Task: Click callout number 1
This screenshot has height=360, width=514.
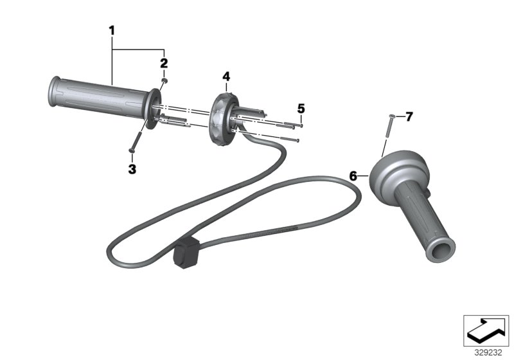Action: (112, 30)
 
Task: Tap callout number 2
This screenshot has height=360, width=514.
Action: (164, 63)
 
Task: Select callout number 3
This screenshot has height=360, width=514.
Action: (132, 168)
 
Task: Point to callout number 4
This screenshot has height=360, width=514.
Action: (226, 77)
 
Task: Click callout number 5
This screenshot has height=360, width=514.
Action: (300, 107)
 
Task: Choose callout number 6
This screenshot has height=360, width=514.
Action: (353, 175)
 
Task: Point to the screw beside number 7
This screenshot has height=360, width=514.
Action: (388, 132)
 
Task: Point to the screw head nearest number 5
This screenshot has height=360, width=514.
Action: (300, 125)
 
